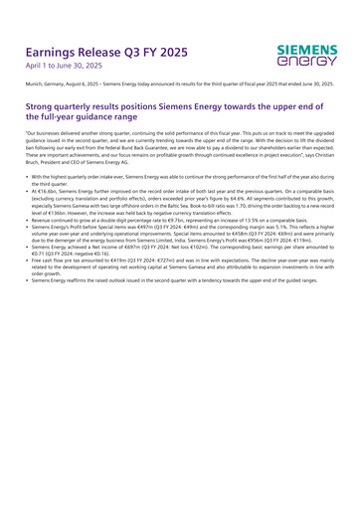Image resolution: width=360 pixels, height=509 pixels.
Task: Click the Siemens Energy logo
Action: coord(307,56)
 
